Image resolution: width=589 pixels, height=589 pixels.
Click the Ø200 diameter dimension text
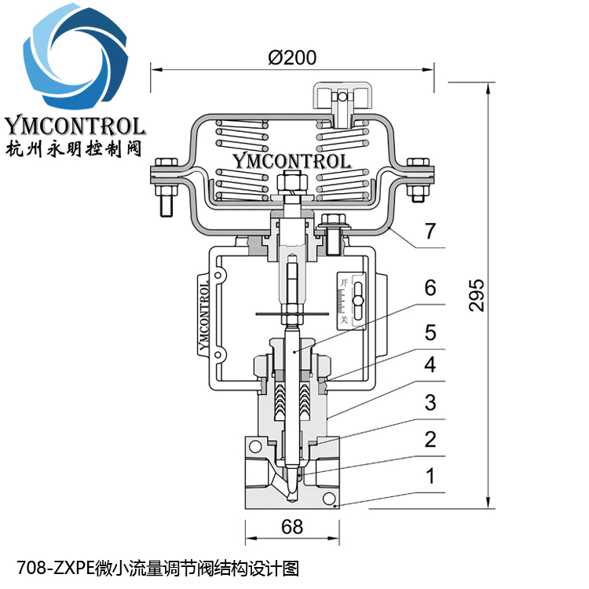pos(291,57)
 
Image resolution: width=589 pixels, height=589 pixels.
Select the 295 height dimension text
pos(477,295)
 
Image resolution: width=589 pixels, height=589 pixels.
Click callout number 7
pos(430,232)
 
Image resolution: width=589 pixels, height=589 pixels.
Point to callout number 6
pos(430,287)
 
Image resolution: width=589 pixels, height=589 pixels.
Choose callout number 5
pos(430,332)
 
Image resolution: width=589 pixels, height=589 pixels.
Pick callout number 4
pos(430,365)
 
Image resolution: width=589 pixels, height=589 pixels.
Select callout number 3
pos(430,403)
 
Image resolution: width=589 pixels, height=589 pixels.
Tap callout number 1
pos(430,475)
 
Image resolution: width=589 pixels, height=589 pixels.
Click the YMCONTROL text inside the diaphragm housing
pos(291,161)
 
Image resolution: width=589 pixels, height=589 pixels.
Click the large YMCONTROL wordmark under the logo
pos(75,126)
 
